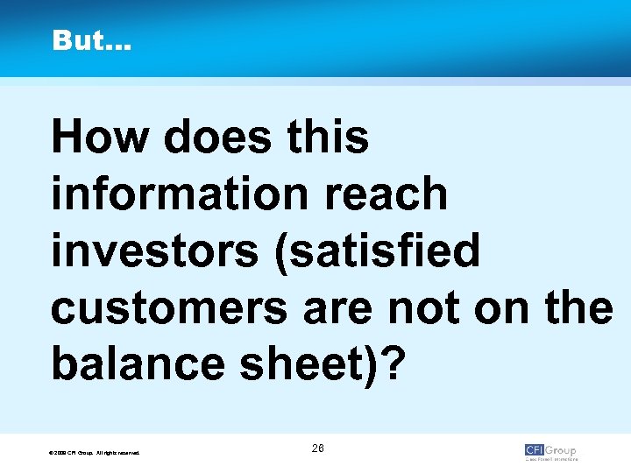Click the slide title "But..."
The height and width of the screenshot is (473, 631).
tap(91, 41)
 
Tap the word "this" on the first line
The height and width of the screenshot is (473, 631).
tap(333, 138)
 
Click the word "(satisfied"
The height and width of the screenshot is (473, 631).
tap(369, 251)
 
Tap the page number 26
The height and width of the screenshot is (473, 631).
tap(317, 448)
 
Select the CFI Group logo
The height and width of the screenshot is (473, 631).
tap(550, 451)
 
